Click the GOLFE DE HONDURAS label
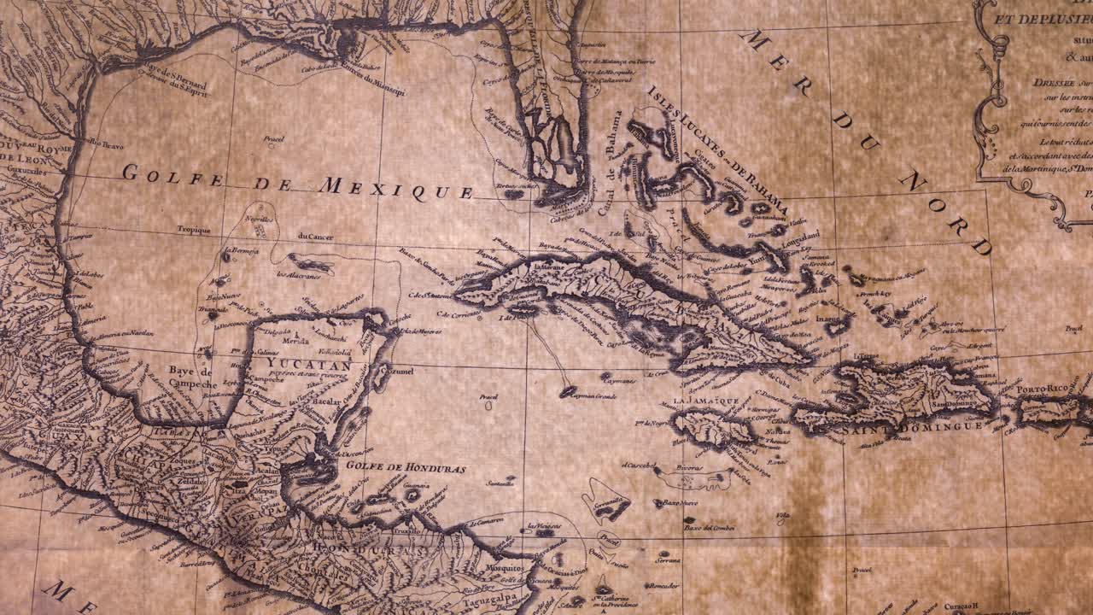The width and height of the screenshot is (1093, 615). click(x=406, y=468)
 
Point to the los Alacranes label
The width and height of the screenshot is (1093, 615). click(x=294, y=274)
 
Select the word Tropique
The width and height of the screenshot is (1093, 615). click(x=193, y=229)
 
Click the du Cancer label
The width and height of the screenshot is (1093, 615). click(x=315, y=236)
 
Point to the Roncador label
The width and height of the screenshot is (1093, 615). click(x=663, y=585)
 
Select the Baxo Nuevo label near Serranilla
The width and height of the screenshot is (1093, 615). click(x=681, y=503)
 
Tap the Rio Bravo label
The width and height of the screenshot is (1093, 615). click(x=107, y=145)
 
